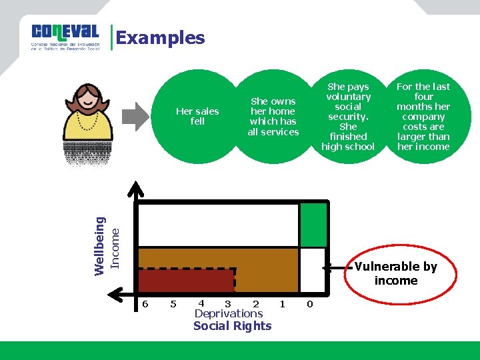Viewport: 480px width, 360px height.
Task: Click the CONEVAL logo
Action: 65,37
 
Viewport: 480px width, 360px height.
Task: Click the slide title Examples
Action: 160,38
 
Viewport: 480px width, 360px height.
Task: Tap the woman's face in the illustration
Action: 88,101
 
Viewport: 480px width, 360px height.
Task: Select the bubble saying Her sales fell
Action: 197,117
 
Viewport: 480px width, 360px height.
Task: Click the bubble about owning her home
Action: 273,117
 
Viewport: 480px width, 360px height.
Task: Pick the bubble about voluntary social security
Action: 348,117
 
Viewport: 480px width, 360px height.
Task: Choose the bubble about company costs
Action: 423,117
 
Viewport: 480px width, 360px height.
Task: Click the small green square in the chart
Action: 313,225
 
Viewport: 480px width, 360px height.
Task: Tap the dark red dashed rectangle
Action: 187,281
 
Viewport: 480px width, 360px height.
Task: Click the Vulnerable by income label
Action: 396,273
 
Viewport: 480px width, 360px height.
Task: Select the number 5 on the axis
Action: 173,304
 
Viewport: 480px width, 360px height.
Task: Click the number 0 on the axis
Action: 309,304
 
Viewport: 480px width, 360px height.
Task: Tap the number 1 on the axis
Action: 282,304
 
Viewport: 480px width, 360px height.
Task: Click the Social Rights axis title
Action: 232,326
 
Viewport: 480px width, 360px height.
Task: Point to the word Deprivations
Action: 228,313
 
